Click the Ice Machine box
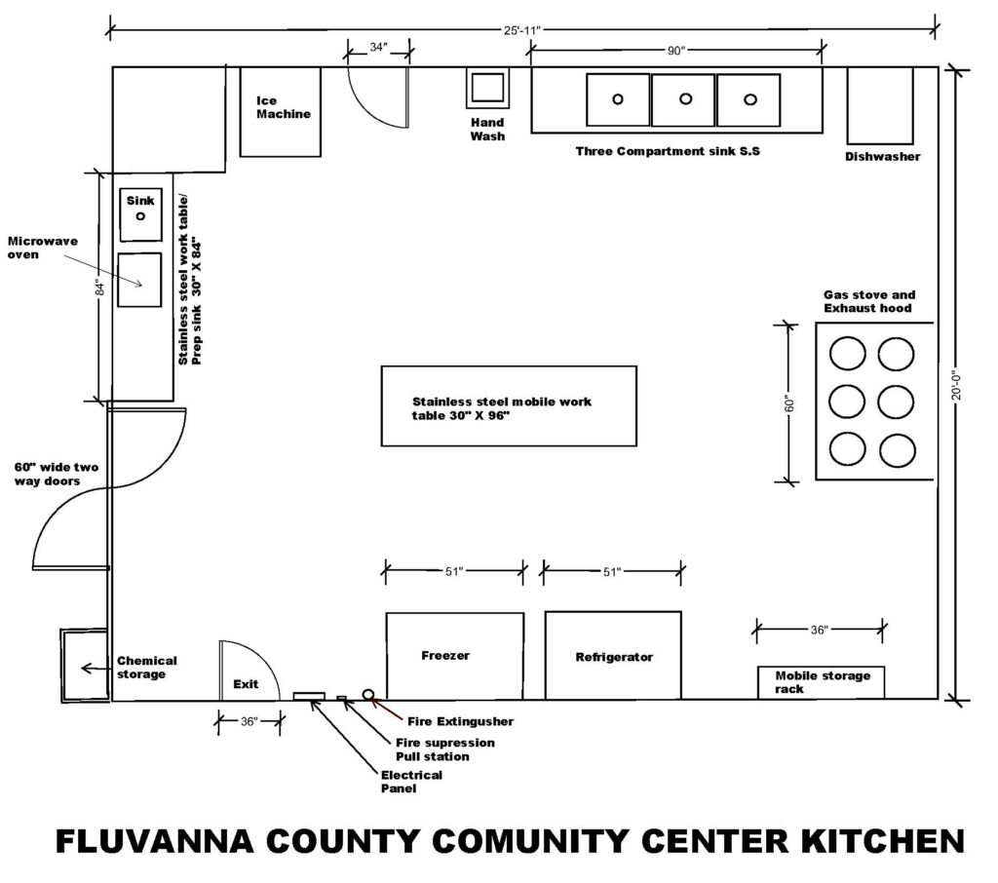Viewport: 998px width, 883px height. (x=280, y=111)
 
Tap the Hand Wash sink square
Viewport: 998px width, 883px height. (x=487, y=87)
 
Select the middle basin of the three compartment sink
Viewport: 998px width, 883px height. (x=683, y=100)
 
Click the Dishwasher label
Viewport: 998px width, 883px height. (x=882, y=156)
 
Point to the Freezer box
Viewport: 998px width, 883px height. (x=455, y=656)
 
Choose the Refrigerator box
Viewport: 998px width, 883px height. (x=613, y=655)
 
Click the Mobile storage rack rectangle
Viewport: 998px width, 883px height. (x=821, y=682)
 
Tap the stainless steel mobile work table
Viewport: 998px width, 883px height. (x=509, y=406)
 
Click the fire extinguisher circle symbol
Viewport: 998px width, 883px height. (x=367, y=694)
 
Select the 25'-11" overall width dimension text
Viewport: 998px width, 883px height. (x=522, y=30)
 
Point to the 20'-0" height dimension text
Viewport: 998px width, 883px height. (x=957, y=386)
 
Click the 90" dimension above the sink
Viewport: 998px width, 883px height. (x=675, y=51)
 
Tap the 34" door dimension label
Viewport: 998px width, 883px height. (x=378, y=47)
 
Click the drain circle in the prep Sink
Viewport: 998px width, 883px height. (x=140, y=215)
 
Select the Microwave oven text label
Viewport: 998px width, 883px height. (x=42, y=248)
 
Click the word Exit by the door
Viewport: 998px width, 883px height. (x=246, y=684)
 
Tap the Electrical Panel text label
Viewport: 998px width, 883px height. (x=411, y=781)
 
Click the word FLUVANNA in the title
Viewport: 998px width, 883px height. (x=155, y=841)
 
